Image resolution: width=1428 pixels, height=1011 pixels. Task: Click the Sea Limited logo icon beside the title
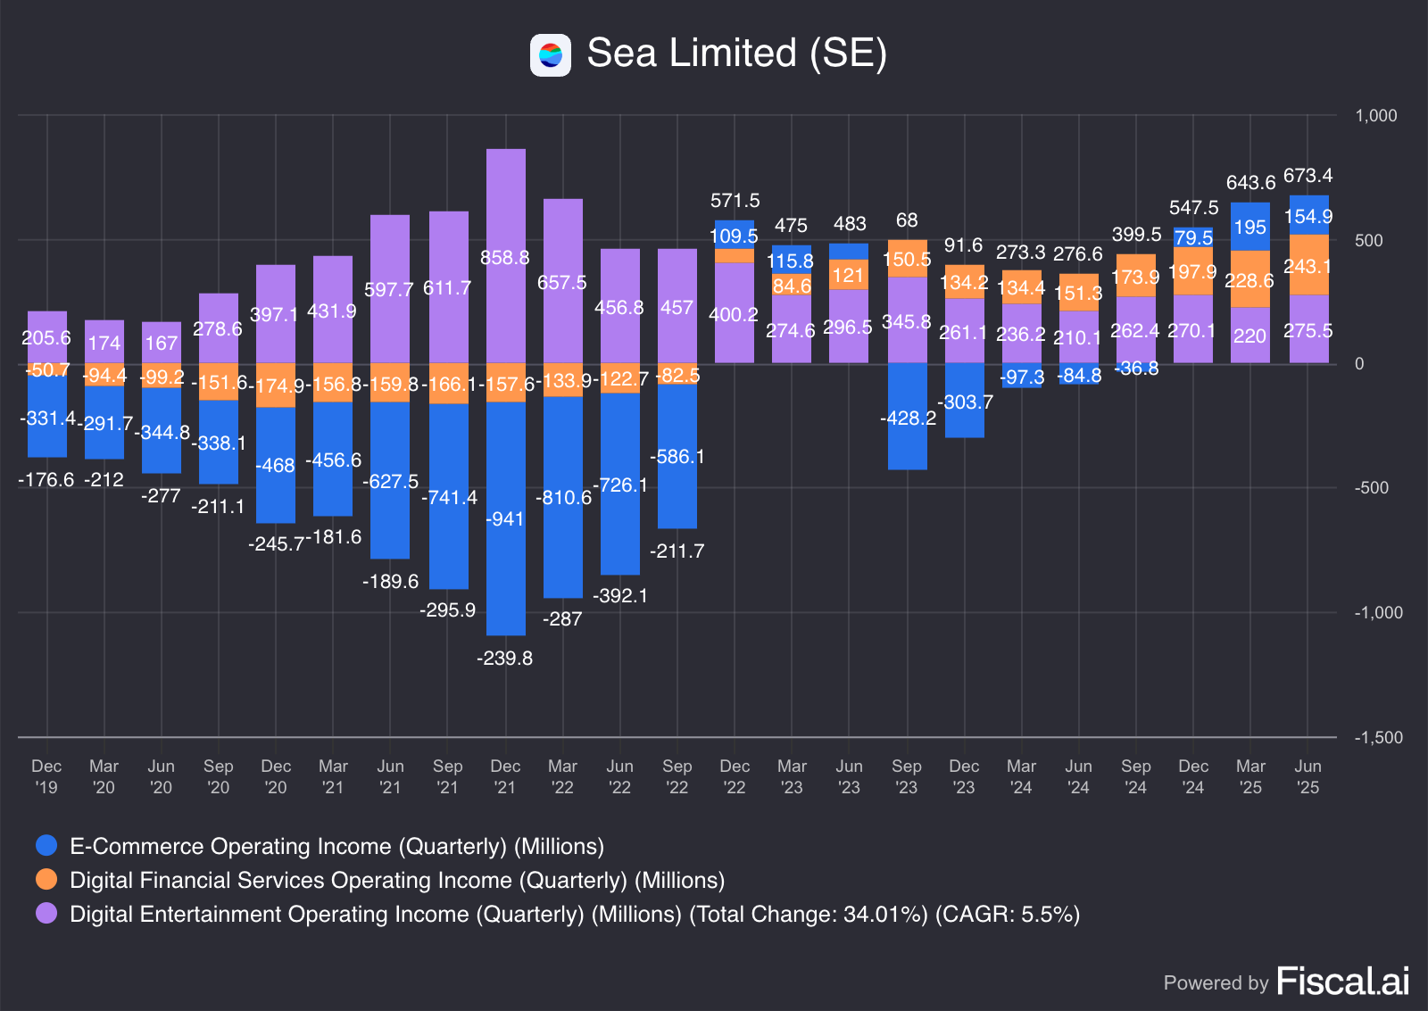pos(551,55)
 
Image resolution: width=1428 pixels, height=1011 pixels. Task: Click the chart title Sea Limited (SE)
pos(736,54)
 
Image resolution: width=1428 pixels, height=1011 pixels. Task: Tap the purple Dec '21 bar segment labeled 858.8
pos(506,257)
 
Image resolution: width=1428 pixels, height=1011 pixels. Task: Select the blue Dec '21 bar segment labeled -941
pos(506,518)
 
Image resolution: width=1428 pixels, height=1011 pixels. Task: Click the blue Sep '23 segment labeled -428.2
pos(908,417)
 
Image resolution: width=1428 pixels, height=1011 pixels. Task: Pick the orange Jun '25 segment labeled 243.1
pos(1308,265)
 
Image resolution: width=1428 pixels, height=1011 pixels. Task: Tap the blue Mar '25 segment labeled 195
pos(1250,227)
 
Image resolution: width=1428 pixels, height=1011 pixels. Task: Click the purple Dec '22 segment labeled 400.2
pos(735,313)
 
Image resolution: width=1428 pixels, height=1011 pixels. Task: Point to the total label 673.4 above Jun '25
pos(1308,176)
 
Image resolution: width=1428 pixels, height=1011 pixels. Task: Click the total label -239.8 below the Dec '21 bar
pos(505,659)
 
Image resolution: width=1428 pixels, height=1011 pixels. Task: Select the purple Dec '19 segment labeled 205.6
pos(47,337)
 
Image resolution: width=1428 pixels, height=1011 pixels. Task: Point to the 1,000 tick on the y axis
pos(1375,116)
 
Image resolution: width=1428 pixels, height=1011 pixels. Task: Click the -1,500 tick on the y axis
pos(1378,738)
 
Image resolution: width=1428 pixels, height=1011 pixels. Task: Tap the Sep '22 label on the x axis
pos(677,776)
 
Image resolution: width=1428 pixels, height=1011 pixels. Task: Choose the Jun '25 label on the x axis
pos(1308,776)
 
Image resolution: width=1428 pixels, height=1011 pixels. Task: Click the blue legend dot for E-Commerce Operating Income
pos(46,845)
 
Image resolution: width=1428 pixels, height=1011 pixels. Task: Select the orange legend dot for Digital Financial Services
pos(46,879)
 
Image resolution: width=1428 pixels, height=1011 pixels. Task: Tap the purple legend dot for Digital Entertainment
pos(46,913)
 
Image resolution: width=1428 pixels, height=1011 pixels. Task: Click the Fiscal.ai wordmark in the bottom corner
pos(1342,982)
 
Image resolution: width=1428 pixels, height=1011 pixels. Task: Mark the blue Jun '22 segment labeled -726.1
pos(620,485)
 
